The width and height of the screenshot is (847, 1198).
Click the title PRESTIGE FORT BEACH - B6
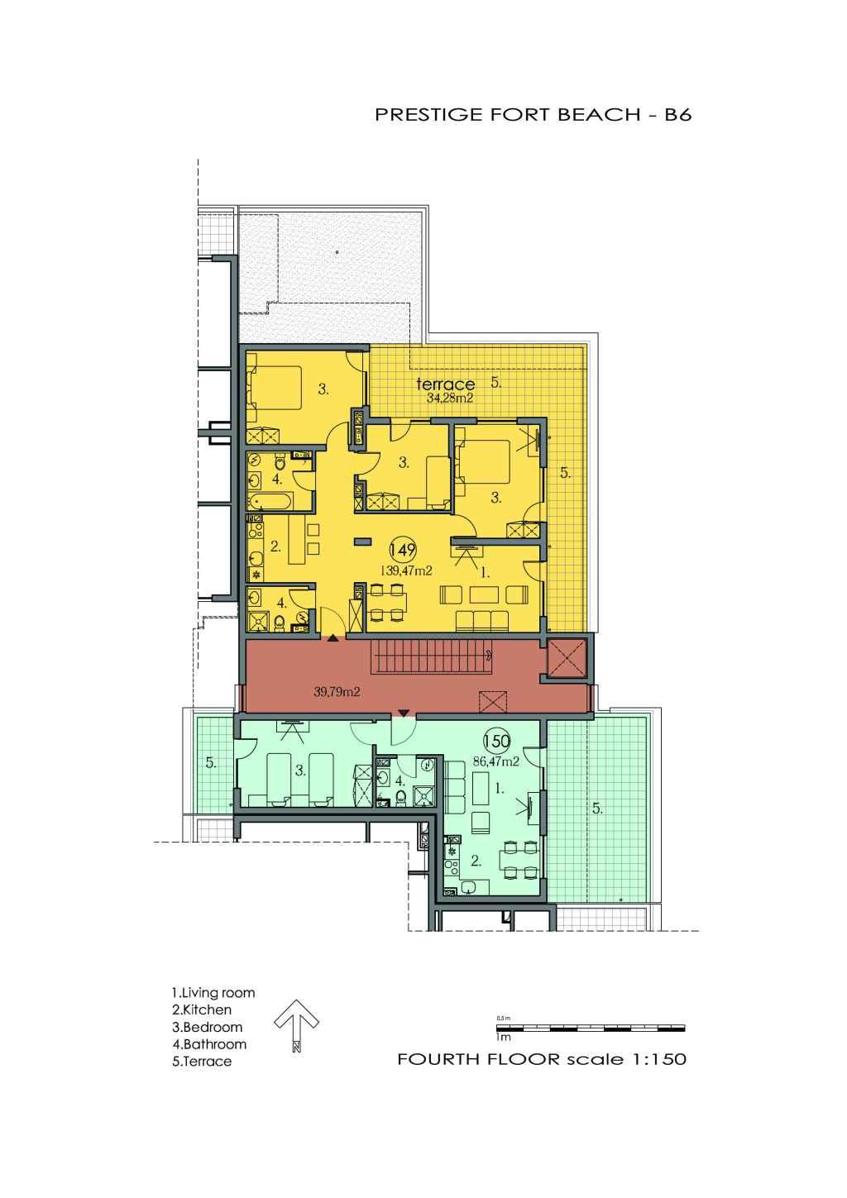click(533, 115)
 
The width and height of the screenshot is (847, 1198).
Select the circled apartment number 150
click(496, 742)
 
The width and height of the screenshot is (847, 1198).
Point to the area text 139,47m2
click(406, 570)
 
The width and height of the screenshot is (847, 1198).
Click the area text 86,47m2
click(496, 761)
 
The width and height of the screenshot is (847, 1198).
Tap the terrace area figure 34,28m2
click(450, 398)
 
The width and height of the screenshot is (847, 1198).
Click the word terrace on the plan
click(445, 384)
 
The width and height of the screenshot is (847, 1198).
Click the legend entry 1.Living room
click(213, 993)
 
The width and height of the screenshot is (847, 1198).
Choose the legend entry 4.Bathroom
click(209, 1044)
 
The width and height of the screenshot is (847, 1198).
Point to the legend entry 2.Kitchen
click(202, 1009)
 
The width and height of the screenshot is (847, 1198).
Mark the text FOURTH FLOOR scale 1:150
click(542, 1059)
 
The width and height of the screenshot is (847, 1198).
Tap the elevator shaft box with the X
click(567, 657)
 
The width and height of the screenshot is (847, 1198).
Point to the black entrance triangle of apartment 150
click(404, 713)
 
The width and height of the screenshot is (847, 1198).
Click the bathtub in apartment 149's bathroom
click(270, 502)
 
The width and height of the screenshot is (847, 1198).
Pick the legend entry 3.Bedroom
click(207, 1027)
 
